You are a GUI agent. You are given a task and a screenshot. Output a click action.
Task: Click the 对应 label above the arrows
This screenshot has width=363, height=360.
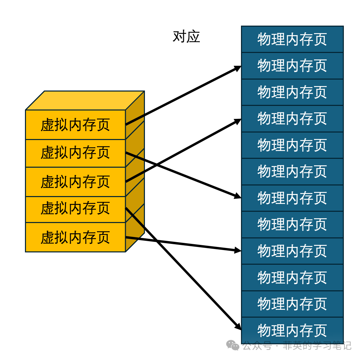[186, 37]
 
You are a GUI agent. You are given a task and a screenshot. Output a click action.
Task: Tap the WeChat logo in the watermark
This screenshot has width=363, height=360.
[233, 345]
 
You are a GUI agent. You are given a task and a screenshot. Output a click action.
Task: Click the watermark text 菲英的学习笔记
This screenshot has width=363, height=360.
[317, 346]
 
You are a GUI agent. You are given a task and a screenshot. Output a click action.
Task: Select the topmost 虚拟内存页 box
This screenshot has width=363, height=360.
[76, 125]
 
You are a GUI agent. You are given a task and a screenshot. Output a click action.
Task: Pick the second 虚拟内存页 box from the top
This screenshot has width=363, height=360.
[76, 153]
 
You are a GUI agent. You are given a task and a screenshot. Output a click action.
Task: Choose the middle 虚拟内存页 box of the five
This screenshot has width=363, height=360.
[76, 182]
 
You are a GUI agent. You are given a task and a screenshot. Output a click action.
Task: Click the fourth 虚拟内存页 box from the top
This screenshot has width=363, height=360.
[76, 209]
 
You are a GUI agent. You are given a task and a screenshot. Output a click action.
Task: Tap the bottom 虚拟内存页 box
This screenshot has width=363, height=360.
[76, 237]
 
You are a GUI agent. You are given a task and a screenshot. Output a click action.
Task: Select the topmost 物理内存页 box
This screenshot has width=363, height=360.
[292, 39]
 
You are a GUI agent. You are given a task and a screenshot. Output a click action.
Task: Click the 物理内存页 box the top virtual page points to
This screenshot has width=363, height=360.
[292, 66]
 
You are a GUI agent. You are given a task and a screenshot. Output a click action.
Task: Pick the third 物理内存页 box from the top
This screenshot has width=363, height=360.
[292, 92]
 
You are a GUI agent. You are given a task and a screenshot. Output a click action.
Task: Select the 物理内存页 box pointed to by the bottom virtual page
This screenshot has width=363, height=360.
[292, 251]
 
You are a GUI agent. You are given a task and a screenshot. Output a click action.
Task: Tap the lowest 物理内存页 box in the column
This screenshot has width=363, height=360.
[292, 330]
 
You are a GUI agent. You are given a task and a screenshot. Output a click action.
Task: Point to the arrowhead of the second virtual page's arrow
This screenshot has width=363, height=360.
[238, 196]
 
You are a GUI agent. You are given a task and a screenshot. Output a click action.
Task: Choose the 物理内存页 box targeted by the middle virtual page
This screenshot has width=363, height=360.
[292, 119]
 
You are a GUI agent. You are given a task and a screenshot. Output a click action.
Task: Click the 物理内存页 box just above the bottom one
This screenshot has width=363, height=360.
[292, 304]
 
